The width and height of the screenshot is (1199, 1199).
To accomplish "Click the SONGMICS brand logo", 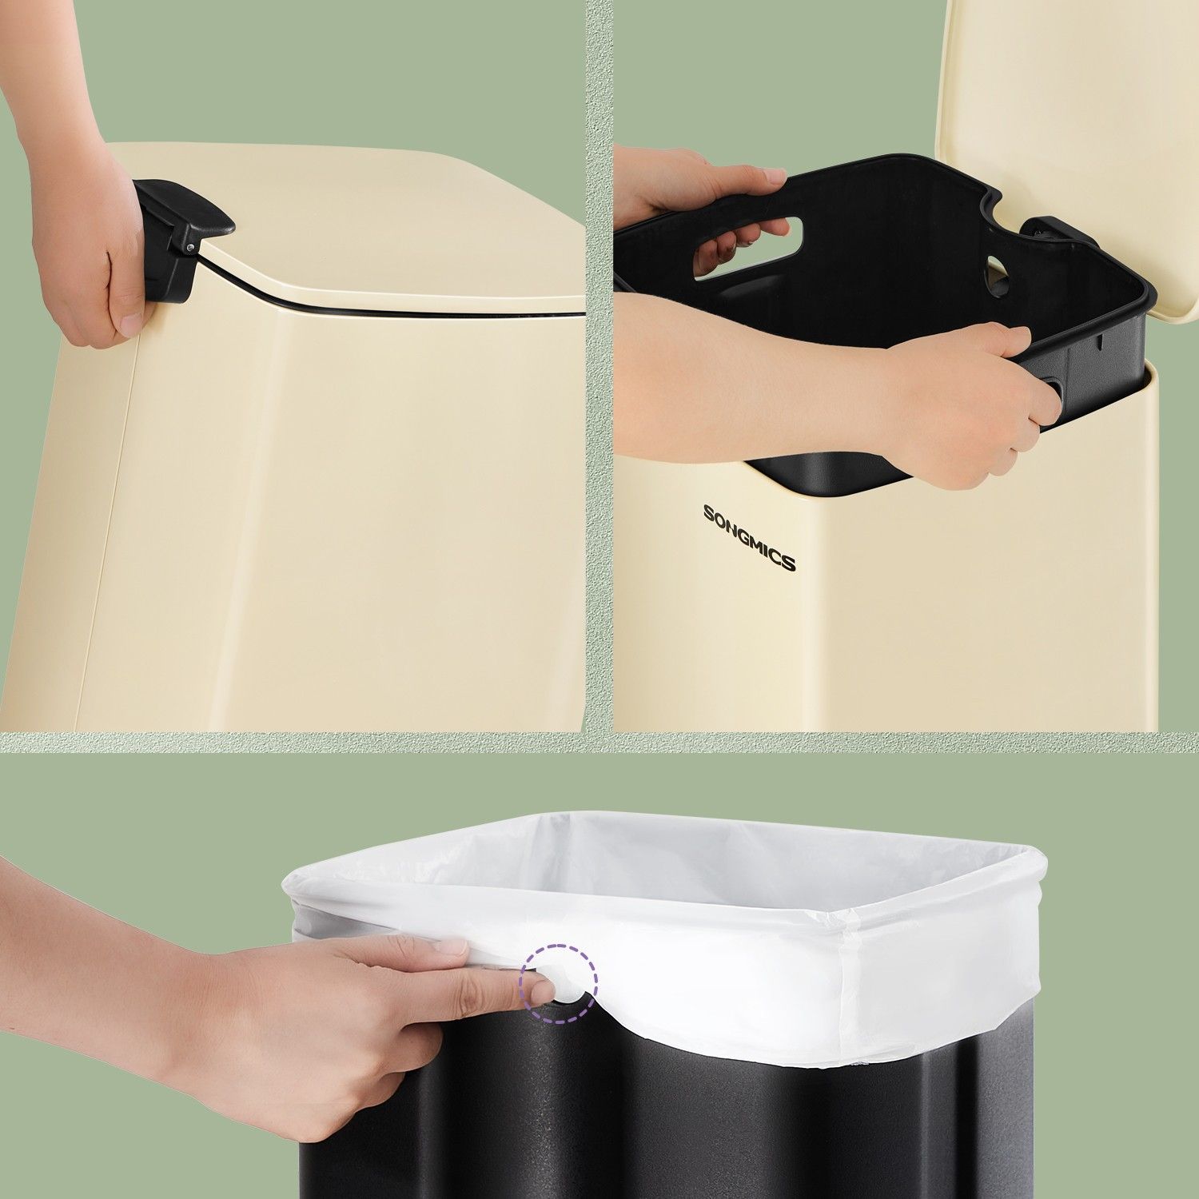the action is click(x=749, y=537).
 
